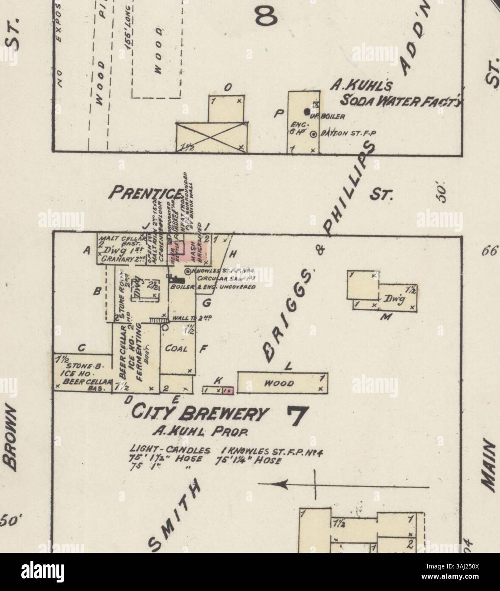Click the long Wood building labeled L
pos(282,383)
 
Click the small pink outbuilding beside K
pos(229,389)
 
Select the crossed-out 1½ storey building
pos(212,136)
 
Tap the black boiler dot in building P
pos(307,111)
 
